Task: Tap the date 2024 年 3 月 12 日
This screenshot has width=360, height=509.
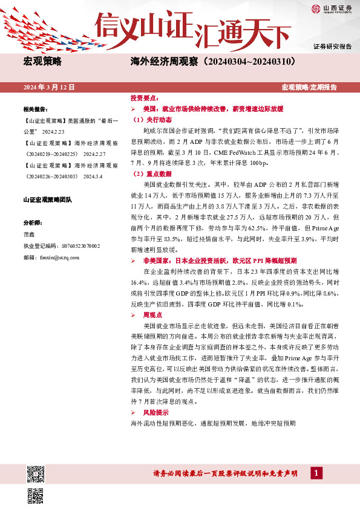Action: click(x=49, y=88)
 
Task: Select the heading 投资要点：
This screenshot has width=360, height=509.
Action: click(x=145, y=98)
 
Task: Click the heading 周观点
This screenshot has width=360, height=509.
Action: click(x=154, y=316)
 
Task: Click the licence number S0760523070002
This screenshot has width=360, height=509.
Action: click(x=76, y=246)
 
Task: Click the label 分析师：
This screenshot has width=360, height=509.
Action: click(x=33, y=222)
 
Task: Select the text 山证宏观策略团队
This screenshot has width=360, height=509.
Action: click(x=48, y=199)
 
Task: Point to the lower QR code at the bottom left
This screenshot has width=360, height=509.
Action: click(x=36, y=495)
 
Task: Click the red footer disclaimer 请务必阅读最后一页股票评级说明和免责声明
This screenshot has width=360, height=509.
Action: click(x=226, y=473)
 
